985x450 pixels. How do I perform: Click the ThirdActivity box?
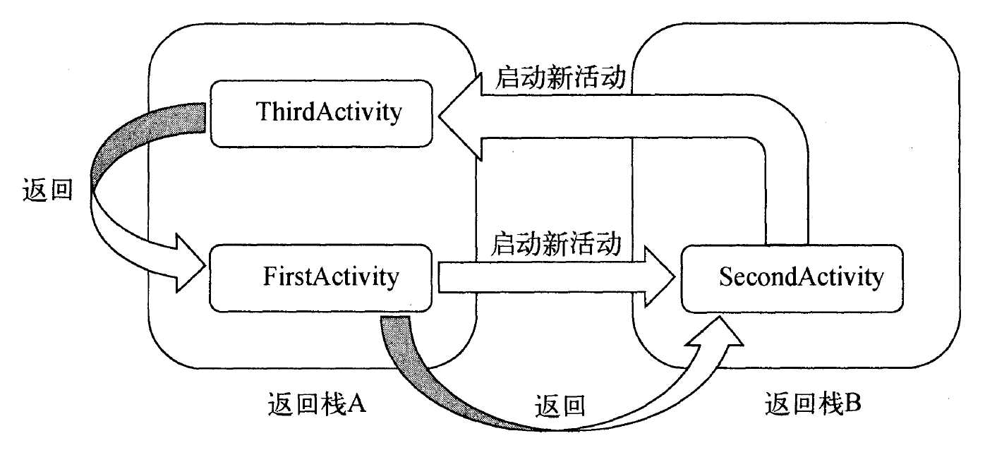point(322,113)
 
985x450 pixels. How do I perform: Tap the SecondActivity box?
point(792,277)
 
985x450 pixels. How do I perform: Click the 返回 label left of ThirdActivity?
point(48,190)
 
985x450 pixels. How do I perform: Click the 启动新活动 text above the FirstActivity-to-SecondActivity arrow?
point(557,245)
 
